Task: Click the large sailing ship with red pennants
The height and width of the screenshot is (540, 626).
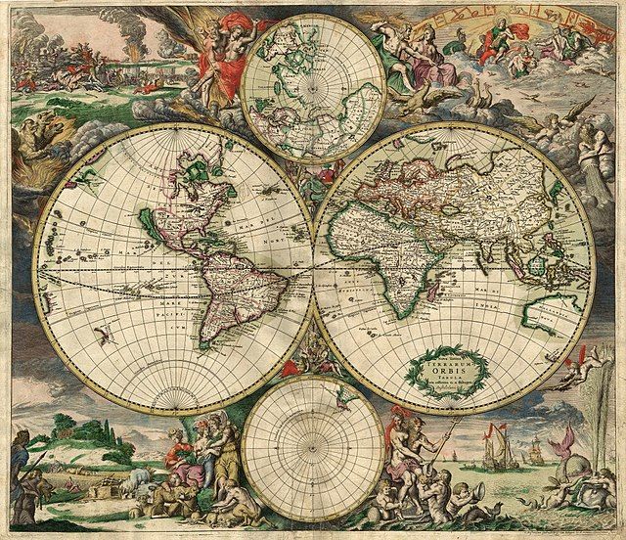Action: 498,452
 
